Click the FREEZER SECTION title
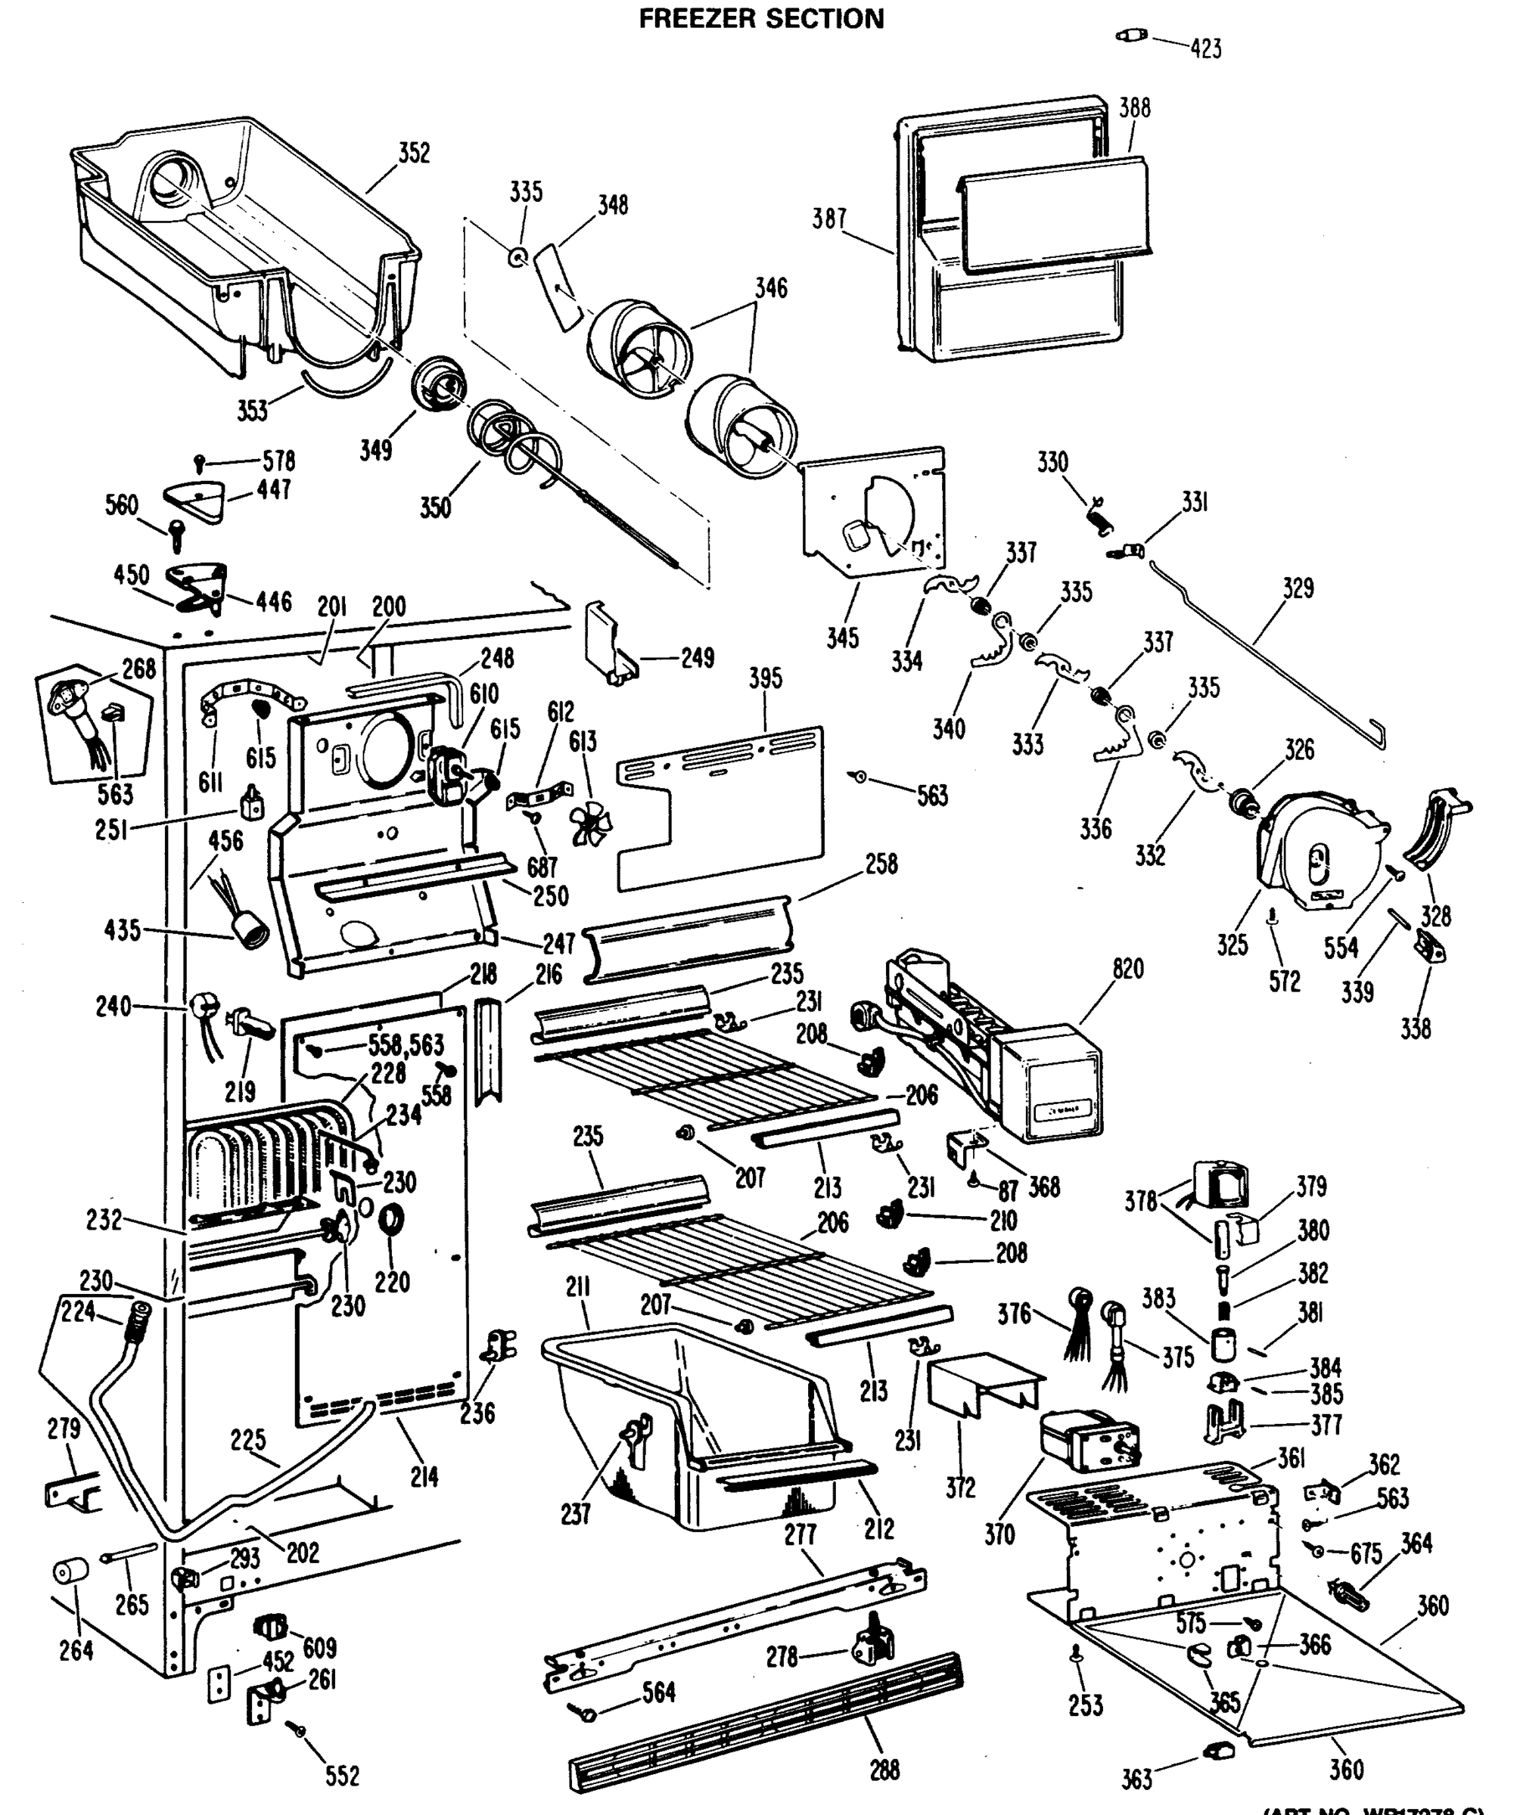761,19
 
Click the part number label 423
1205,49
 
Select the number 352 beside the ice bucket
413,153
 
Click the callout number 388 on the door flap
1134,108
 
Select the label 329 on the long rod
1298,588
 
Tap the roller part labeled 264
71,1572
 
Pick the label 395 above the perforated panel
765,678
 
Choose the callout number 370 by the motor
999,1534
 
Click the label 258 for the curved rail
881,864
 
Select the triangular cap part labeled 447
194,501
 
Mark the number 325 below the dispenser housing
1232,945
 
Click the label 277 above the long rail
800,1534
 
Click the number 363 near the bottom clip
1136,1779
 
